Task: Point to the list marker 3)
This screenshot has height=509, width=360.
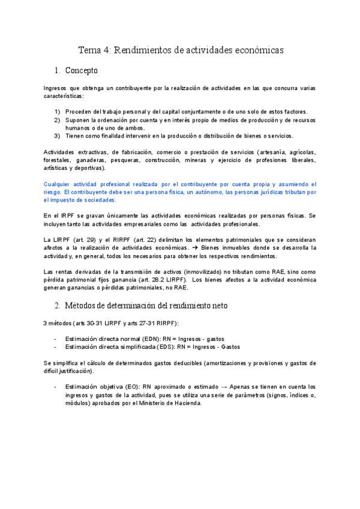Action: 57,136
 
